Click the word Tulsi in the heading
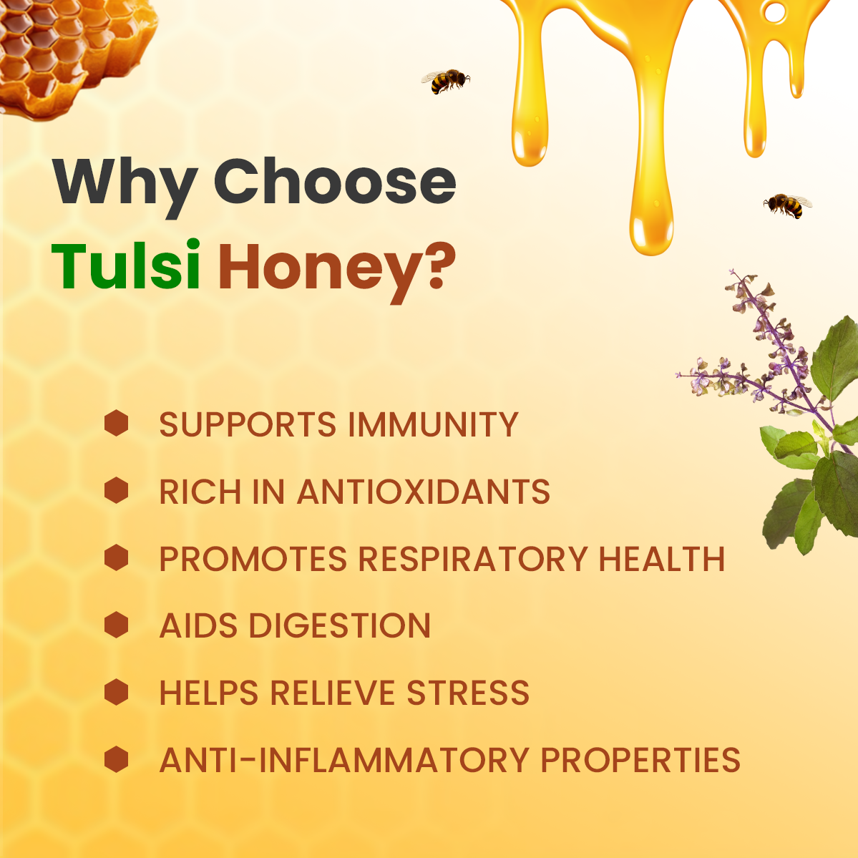point(125,265)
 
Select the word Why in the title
point(124,183)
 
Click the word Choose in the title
point(334,182)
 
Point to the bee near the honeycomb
point(446,81)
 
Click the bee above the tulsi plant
point(787,205)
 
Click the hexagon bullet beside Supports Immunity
point(116,424)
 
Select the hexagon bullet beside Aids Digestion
point(116,625)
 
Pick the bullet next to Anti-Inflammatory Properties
point(116,759)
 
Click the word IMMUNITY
point(433,425)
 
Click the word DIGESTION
point(340,626)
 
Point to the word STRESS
point(468,693)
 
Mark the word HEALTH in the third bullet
point(662,559)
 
